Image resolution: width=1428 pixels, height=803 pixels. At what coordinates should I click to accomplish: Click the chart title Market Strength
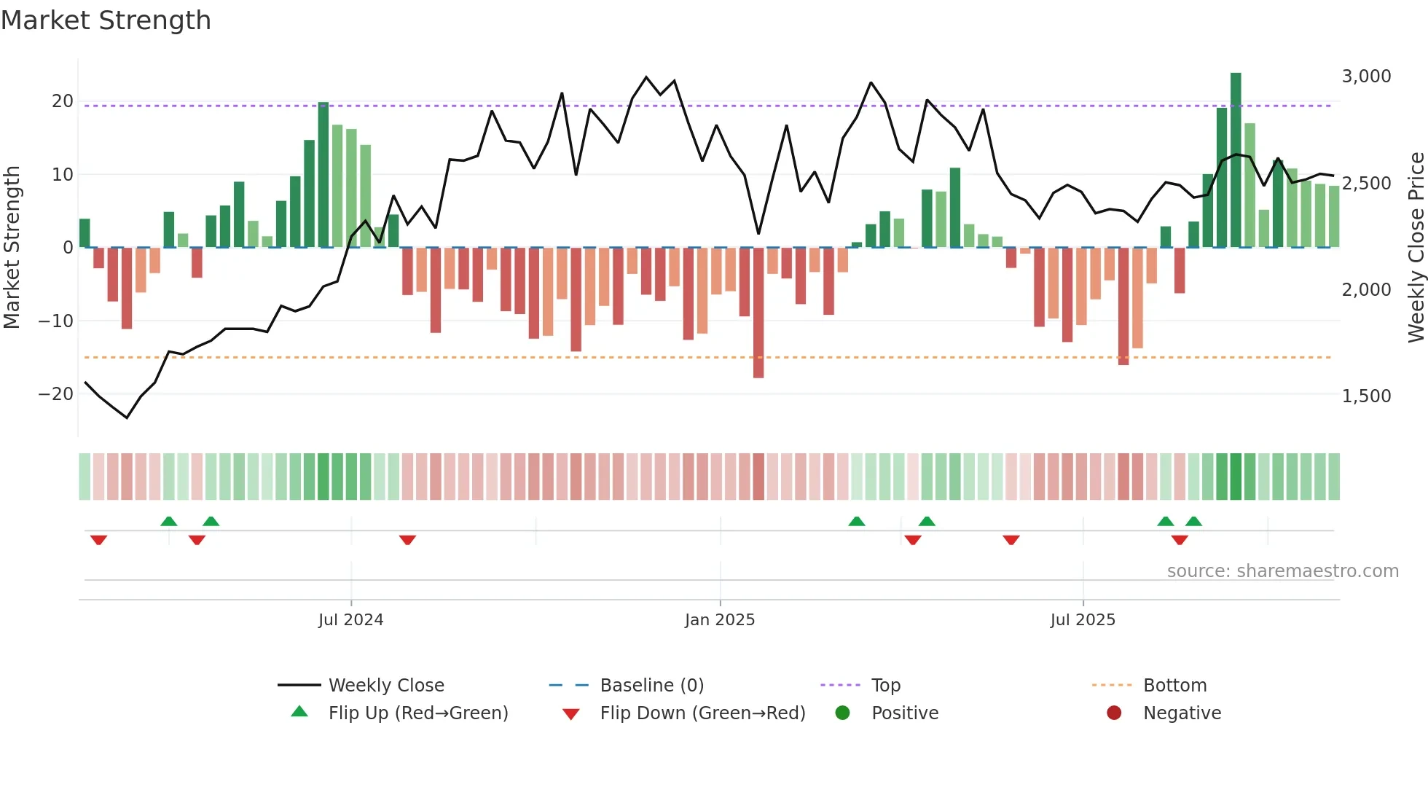pyautogui.click(x=106, y=20)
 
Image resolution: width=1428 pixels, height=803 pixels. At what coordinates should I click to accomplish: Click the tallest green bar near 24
pyautogui.click(x=1236, y=160)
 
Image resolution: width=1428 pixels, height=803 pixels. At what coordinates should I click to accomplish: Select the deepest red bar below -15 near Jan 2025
pyautogui.click(x=758, y=313)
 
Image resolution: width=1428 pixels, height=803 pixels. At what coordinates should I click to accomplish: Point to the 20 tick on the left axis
pyautogui.click(x=63, y=101)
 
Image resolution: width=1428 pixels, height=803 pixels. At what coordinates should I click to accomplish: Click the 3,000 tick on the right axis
pyautogui.click(x=1366, y=77)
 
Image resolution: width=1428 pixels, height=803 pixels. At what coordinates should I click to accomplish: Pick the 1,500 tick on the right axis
pyautogui.click(x=1366, y=396)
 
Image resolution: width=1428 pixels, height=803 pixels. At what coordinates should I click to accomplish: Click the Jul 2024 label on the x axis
pyautogui.click(x=350, y=620)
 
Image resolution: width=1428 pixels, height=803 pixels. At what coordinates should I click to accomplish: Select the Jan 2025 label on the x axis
pyautogui.click(x=720, y=620)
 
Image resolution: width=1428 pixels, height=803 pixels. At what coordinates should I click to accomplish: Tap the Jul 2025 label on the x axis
pyautogui.click(x=1083, y=620)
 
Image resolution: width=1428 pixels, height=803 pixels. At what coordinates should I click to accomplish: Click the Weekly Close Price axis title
pyautogui.click(x=1416, y=248)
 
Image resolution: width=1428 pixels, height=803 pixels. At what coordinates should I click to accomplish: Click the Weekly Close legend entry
pyautogui.click(x=385, y=686)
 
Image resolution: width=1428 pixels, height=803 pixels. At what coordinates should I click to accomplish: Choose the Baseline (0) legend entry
pyautogui.click(x=651, y=686)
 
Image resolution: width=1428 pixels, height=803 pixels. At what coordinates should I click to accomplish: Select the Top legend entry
pyautogui.click(x=885, y=686)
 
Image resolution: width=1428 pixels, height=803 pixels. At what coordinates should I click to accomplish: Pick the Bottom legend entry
pyautogui.click(x=1174, y=686)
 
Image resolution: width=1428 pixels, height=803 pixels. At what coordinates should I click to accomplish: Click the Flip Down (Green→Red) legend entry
pyautogui.click(x=702, y=713)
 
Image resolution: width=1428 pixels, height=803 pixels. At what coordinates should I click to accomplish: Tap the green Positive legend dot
pyautogui.click(x=842, y=713)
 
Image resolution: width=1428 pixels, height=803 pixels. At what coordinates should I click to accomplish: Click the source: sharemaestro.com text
pyautogui.click(x=1282, y=571)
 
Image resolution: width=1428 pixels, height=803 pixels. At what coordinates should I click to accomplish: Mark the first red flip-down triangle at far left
pyautogui.click(x=98, y=540)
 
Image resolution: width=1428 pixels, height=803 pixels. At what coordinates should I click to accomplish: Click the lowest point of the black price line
pyautogui.click(x=127, y=418)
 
